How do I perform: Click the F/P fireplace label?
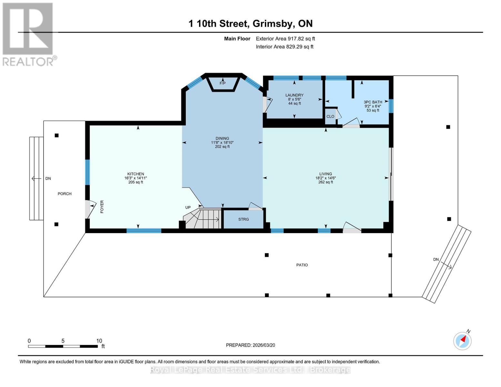[222, 83]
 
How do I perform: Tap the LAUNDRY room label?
[294, 95]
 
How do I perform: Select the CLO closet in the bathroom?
[330, 116]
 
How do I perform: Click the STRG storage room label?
[244, 219]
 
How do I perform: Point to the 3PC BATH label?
[373, 102]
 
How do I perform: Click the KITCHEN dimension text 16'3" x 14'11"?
[135, 178]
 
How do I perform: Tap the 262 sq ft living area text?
[326, 182]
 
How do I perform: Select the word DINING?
[222, 138]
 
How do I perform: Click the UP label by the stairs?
[188, 207]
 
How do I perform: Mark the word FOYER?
[102, 207]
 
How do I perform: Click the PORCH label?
[65, 194]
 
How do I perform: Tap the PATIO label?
[302, 265]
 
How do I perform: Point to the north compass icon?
[462, 341]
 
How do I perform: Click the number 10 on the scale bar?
[99, 341]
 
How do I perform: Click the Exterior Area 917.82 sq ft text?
[285, 39]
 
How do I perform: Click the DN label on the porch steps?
[48, 179]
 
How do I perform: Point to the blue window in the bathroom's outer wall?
[391, 106]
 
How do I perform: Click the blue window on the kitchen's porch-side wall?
[87, 172]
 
